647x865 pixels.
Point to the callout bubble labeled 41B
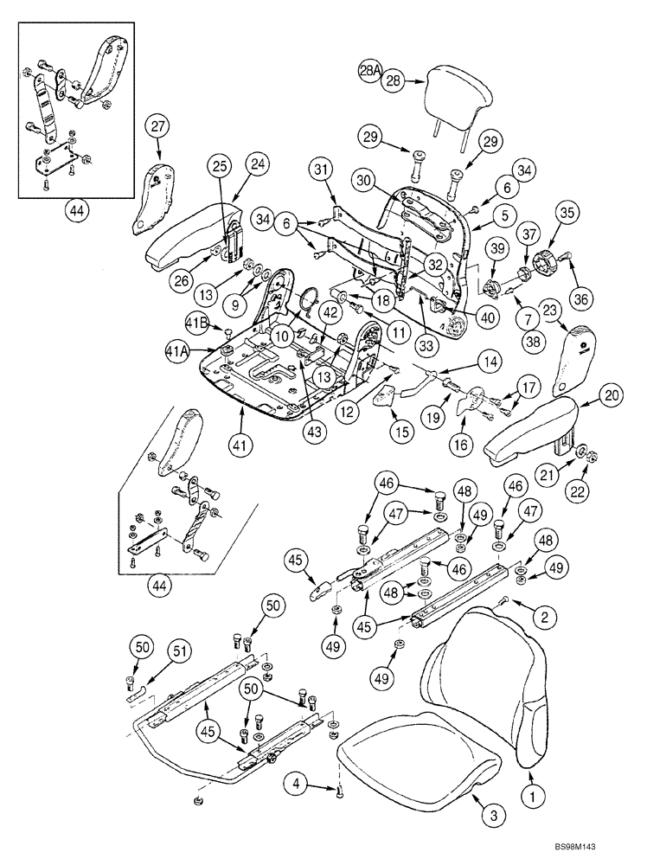coord(197,324)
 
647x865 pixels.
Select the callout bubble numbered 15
coord(399,430)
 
